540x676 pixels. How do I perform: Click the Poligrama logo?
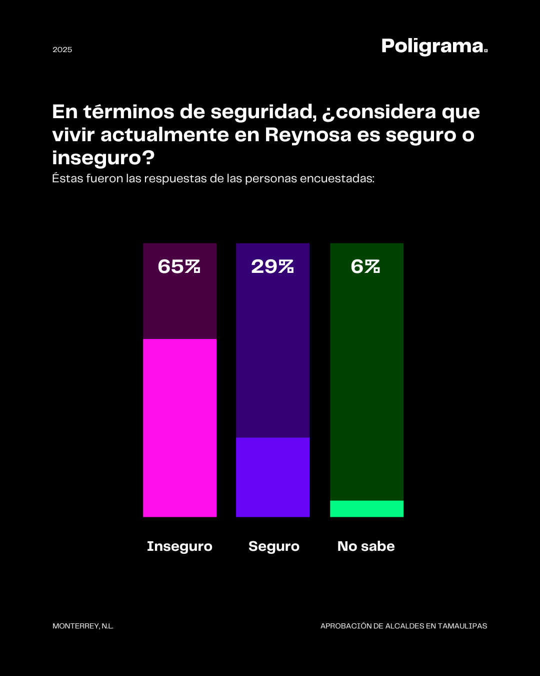click(x=434, y=46)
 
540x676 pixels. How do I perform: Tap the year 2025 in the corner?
click(x=62, y=50)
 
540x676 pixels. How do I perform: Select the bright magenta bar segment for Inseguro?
click(x=179, y=428)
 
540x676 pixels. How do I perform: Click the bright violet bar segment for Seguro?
click(x=272, y=477)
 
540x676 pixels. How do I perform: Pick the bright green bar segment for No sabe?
click(x=366, y=509)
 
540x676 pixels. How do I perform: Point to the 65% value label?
click(x=179, y=266)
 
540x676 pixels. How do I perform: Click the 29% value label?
click(x=272, y=266)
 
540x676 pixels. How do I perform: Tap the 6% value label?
click(x=365, y=266)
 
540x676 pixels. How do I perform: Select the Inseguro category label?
click(x=179, y=546)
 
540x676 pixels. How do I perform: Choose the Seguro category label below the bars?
click(x=274, y=546)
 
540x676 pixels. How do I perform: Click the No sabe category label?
click(x=366, y=546)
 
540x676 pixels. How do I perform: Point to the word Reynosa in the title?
click(x=308, y=135)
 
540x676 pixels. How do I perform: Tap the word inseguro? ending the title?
click(x=103, y=158)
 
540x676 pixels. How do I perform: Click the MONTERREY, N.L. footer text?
click(x=83, y=626)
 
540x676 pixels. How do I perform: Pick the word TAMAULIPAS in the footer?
click(x=462, y=626)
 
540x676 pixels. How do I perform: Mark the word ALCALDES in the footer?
click(x=404, y=626)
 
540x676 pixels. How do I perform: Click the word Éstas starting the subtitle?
click(x=67, y=179)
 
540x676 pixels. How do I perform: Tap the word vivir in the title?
click(x=73, y=135)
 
